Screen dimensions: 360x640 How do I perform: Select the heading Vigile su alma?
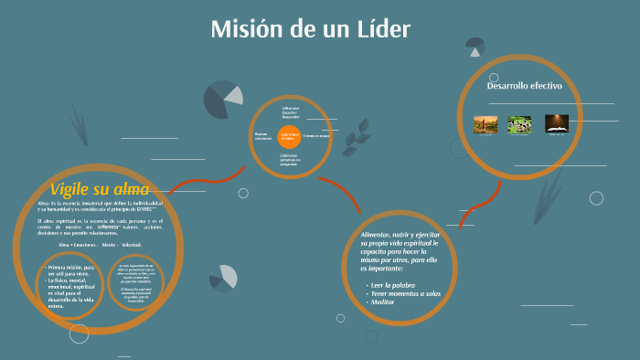pyautogui.click(x=100, y=189)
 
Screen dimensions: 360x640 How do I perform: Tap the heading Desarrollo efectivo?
pyautogui.click(x=524, y=86)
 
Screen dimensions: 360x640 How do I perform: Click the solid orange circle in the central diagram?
pyautogui.click(x=290, y=137)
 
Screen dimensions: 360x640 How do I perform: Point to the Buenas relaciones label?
pyautogui.click(x=264, y=135)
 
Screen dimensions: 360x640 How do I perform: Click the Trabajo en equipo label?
pyautogui.click(x=316, y=136)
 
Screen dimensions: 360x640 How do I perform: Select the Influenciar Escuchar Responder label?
pyautogui.click(x=291, y=112)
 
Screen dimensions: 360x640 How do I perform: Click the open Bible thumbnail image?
pyautogui.click(x=557, y=123)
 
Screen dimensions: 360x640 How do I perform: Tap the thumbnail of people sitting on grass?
pyautogui.click(x=520, y=123)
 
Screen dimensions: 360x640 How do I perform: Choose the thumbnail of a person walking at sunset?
pyautogui.click(x=485, y=123)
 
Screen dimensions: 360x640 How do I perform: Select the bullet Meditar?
pyautogui.click(x=385, y=302)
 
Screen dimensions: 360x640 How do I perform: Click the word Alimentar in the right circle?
pyautogui.click(x=378, y=236)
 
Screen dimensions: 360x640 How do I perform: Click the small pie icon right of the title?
pyautogui.click(x=475, y=46)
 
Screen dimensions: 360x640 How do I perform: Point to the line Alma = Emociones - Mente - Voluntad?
pyautogui.click(x=101, y=246)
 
